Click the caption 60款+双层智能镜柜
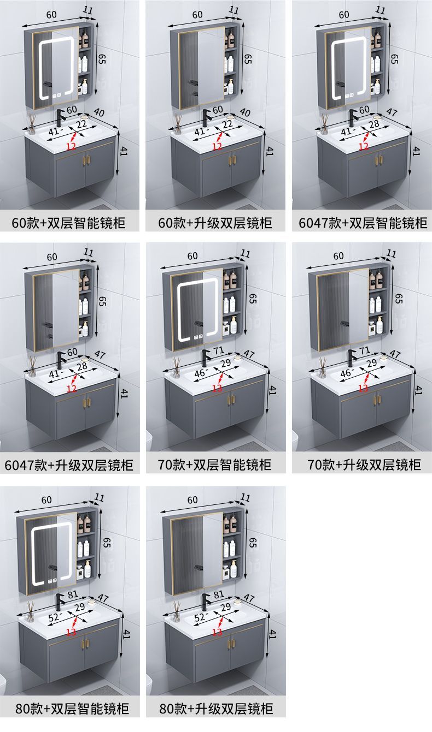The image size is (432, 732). tap(69, 223)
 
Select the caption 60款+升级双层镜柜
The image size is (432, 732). tap(215, 223)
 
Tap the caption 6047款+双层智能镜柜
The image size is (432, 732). tap(363, 223)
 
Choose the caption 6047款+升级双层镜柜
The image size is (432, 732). tap(69, 465)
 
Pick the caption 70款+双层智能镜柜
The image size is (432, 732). tap(215, 465)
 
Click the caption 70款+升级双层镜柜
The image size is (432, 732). tap(364, 465)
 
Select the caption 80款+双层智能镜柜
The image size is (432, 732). tap(72, 709)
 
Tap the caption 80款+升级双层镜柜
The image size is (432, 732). tap(216, 709)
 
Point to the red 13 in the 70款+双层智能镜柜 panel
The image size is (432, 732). tap(217, 388)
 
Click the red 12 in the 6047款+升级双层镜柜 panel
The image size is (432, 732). tap(72, 388)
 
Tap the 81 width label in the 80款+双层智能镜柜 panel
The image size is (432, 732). tap(73, 594)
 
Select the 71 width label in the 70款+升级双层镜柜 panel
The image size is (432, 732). tap(365, 350)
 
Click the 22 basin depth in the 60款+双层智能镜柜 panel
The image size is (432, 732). tap(81, 124)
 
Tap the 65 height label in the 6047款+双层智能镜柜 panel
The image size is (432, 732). tap(394, 59)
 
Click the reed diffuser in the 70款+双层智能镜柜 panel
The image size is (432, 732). tap(177, 367)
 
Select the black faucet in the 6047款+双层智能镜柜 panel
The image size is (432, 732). tap(353, 118)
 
